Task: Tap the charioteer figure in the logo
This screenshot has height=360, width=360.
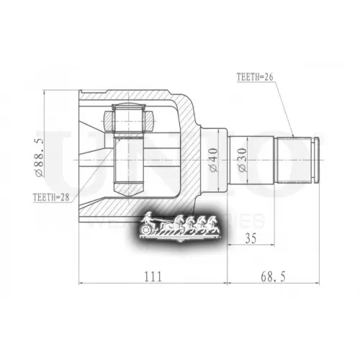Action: click(x=149, y=218)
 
